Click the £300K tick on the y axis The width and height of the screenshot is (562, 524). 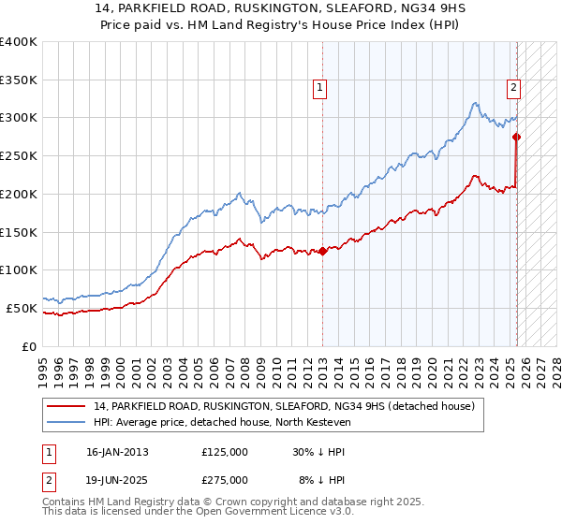point(18,118)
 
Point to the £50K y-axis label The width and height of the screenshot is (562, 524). point(22,308)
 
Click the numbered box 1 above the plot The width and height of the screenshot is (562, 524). point(320,88)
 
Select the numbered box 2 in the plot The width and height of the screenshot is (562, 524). point(514,88)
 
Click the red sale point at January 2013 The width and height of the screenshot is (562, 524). point(322,251)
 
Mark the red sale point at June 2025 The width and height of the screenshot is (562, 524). point(516,137)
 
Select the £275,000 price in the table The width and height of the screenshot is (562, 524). point(225,480)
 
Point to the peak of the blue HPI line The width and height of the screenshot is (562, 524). point(476,102)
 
